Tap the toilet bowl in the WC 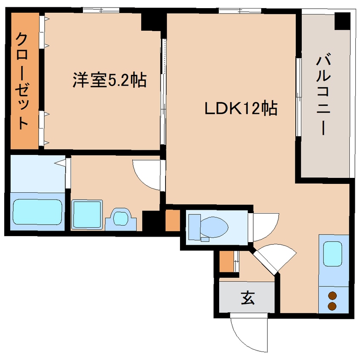(x=213, y=225)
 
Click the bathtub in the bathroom (x=37, y=211)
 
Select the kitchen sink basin (x=333, y=254)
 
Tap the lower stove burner (x=332, y=306)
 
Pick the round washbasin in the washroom (x=121, y=218)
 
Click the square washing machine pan (x=87, y=215)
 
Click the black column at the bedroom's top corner (x=151, y=22)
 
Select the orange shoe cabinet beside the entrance (x=227, y=262)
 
